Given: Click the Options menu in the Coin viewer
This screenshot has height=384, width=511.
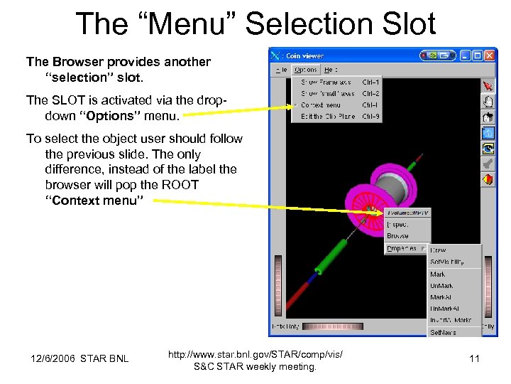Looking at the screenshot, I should click(x=306, y=70).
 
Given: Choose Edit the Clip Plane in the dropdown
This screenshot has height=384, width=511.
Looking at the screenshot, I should click(x=328, y=116).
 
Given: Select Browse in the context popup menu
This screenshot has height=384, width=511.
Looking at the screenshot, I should click(x=397, y=236).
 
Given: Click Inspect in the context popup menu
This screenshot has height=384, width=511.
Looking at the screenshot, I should click(x=397, y=225).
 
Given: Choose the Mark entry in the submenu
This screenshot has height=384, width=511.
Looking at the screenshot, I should click(x=438, y=274).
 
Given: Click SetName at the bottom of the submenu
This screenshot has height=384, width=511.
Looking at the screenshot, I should click(x=443, y=332).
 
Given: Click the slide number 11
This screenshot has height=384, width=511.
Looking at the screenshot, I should click(x=474, y=358).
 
